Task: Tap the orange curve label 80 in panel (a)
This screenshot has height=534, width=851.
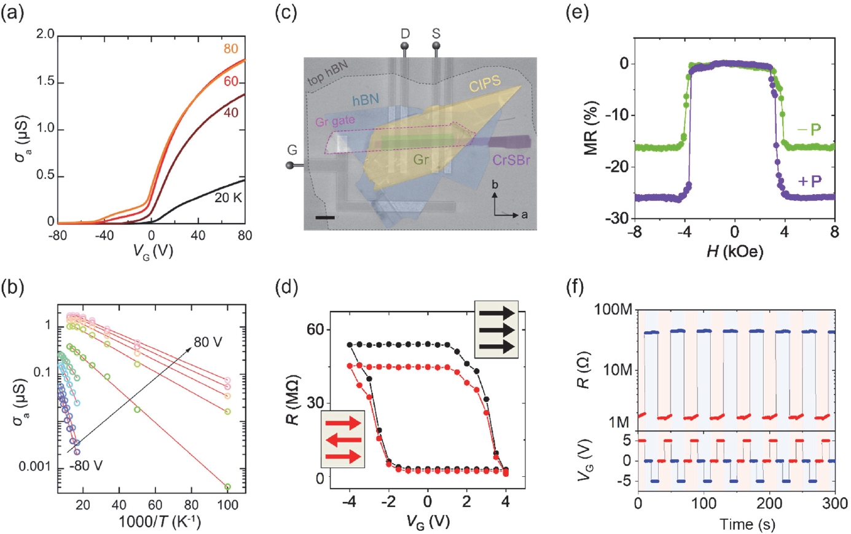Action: [x=231, y=49]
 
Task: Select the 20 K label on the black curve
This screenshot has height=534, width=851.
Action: [x=228, y=198]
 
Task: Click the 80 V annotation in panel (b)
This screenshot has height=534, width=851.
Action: [x=208, y=342]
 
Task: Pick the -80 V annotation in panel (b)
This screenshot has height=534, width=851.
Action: [x=86, y=465]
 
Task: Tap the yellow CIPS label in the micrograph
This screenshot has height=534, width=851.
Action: [x=485, y=84]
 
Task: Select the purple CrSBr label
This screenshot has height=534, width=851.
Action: [x=511, y=160]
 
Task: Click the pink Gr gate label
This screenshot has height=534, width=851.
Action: [x=335, y=121]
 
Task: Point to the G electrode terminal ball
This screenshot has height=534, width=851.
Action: [x=291, y=166]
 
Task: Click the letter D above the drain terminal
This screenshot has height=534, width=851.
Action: [x=406, y=33]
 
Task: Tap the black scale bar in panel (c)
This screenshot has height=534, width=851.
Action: [x=325, y=218]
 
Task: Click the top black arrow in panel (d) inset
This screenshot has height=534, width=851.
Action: [x=496, y=313]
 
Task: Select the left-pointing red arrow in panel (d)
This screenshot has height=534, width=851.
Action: [x=343, y=440]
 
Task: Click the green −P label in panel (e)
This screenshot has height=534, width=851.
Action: [x=809, y=130]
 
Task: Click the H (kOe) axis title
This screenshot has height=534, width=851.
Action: [x=735, y=251]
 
